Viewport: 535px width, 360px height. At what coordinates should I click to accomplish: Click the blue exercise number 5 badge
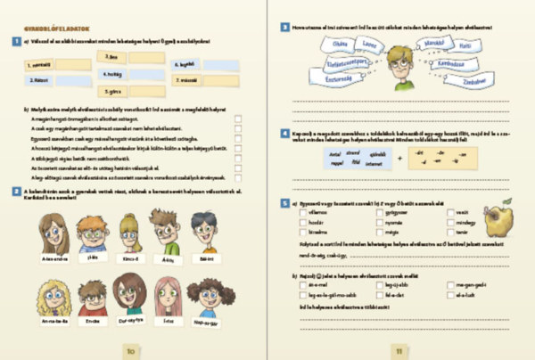coord(284,204)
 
